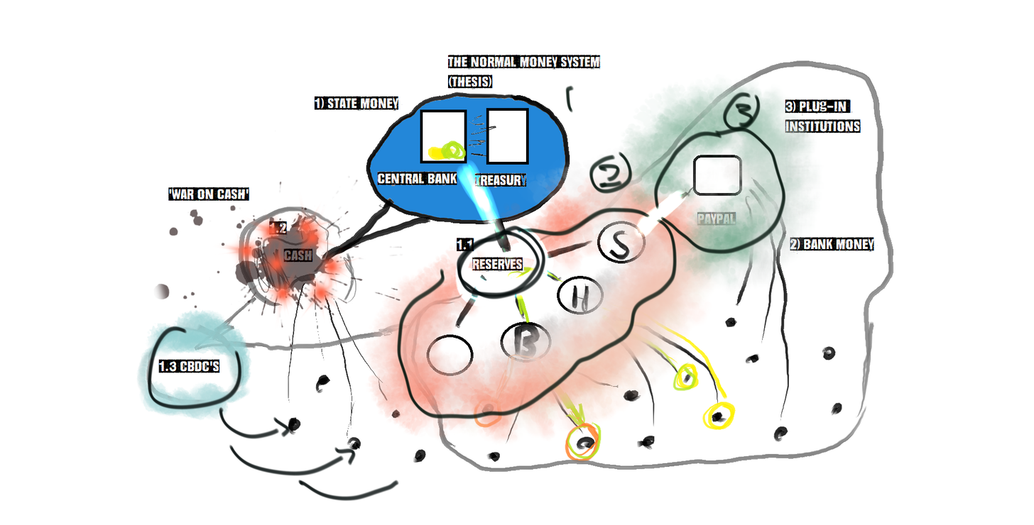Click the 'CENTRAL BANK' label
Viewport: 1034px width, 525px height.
tap(417, 179)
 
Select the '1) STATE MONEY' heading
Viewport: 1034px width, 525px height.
tap(356, 104)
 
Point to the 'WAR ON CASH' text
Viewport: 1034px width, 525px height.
tap(209, 194)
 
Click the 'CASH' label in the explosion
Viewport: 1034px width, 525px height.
tap(298, 255)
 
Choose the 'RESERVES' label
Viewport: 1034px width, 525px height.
tap(497, 265)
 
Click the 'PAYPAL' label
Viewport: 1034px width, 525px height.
tap(716, 220)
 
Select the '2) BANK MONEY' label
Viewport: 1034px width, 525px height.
tap(832, 245)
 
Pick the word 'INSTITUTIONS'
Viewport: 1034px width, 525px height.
tap(822, 126)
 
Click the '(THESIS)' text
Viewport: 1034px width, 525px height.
tap(470, 82)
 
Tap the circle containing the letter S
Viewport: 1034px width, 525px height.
tap(621, 243)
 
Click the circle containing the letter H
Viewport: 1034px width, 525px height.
tap(580, 295)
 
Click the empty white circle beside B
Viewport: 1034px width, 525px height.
tap(450, 353)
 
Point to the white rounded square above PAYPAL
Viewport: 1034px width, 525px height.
tap(717, 175)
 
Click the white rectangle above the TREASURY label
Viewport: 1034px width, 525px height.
tap(507, 136)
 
